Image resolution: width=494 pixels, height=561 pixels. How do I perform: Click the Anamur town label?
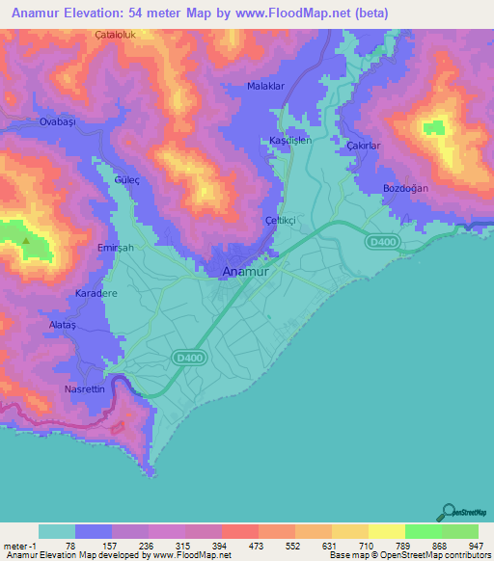[245, 272]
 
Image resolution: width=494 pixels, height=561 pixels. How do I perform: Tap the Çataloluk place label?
[118, 34]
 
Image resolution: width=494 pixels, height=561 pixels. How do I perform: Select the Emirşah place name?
[91, 247]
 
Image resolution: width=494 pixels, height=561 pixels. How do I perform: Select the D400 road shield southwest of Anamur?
[188, 358]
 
